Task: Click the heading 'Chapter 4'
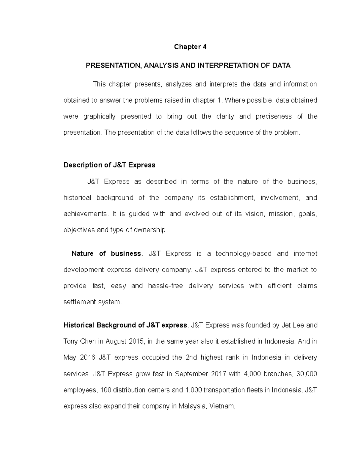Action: point(190,47)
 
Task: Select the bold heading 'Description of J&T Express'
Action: point(109,165)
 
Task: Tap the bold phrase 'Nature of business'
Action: point(106,254)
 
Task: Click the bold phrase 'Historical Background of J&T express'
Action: point(125,325)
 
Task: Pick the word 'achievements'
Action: point(85,214)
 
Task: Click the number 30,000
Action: point(307,374)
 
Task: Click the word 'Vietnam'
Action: point(222,406)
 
